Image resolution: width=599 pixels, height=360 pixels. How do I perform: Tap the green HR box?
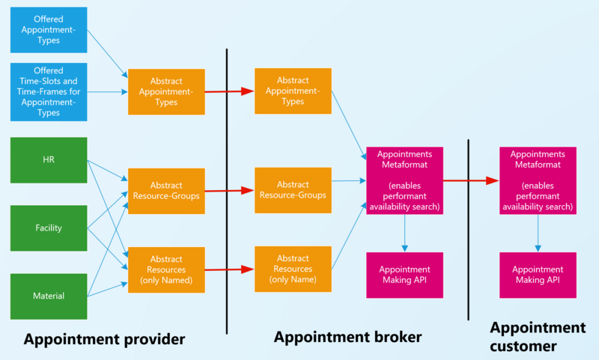pos(49,160)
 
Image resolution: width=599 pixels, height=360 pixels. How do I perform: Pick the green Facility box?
pos(49,228)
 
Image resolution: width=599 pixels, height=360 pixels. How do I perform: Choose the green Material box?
pos(49,296)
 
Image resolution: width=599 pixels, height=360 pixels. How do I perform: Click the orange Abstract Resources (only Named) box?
pos(166,269)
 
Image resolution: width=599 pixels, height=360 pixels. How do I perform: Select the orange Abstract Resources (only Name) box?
pos(293,269)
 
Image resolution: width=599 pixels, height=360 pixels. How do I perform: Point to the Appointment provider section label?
pos(104,340)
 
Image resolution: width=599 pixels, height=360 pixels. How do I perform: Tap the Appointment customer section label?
pos(537,337)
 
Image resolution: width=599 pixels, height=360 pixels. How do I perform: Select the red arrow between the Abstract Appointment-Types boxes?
pos(229,91)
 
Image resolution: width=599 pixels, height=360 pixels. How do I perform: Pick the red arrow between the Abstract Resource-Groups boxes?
pos(229,190)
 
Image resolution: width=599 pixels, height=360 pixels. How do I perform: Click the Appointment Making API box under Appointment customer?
pos(537,275)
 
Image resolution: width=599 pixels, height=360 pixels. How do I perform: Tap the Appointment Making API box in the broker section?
pos(404,275)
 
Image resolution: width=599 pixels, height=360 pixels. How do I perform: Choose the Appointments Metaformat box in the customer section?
pos(537,180)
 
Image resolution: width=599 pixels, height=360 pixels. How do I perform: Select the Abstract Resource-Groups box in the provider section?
pos(166,191)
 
